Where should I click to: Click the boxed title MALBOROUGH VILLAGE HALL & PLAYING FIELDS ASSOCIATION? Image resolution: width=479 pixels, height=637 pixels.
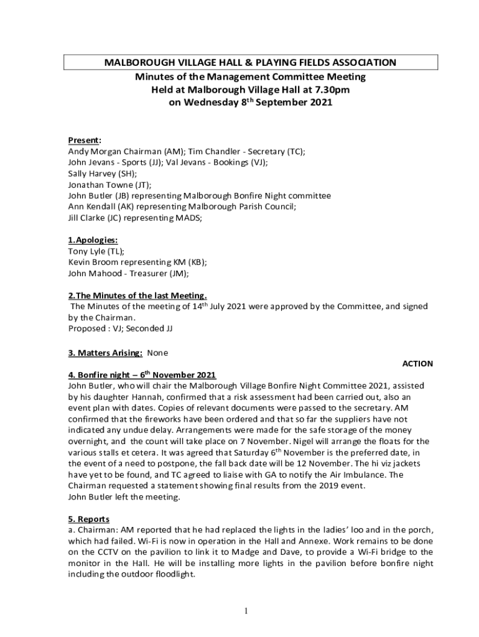click(251, 63)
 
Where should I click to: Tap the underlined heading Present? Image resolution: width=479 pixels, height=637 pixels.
click(84, 141)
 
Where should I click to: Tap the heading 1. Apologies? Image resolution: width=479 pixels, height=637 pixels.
click(93, 240)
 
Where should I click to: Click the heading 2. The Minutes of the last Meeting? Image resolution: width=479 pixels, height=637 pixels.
click(137, 295)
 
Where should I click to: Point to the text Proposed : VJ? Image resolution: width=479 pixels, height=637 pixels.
click(97, 328)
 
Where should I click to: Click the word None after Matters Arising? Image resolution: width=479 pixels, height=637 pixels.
click(157, 353)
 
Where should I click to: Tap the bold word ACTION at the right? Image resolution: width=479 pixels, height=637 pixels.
click(417, 364)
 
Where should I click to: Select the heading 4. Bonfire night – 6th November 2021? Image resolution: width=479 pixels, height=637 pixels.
click(142, 375)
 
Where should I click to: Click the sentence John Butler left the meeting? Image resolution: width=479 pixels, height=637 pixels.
click(124, 496)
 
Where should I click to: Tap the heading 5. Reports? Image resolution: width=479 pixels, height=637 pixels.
click(89, 519)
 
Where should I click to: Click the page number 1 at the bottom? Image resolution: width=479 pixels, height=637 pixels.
click(247, 611)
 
